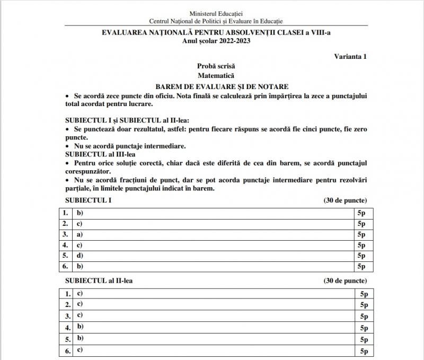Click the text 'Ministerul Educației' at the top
216,13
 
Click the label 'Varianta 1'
350,56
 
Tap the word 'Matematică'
216,75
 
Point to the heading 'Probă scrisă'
216,66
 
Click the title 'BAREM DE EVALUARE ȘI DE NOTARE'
216,85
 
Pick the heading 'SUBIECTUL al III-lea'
95,154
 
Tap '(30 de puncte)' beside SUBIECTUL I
345,200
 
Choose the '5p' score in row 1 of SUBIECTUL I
361,213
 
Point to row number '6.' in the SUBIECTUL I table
65,266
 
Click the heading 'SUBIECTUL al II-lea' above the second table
99,280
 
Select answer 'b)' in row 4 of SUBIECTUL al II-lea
81,327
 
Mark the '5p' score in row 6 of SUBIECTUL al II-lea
364,351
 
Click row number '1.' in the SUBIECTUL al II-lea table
68,293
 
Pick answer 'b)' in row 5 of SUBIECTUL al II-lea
81,338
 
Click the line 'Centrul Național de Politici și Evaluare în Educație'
216,21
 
